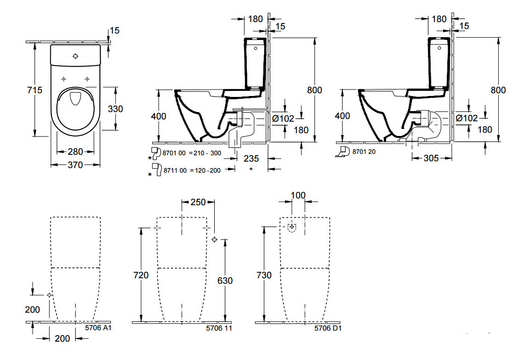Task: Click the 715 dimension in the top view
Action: pyautogui.click(x=35, y=90)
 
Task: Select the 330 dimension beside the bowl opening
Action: pyautogui.click(x=115, y=109)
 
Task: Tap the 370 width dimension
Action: pyautogui.click(x=75, y=165)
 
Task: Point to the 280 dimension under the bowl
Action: pyautogui.click(x=75, y=152)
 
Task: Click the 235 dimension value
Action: pyautogui.click(x=251, y=159)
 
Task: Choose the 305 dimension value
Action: pyautogui.click(x=431, y=158)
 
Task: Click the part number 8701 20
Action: pyautogui.click(x=364, y=152)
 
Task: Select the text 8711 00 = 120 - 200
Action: pyautogui.click(x=192, y=170)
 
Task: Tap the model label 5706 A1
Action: pyautogui.click(x=98, y=328)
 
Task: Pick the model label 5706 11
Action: pyautogui.click(x=219, y=328)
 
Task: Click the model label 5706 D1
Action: pyautogui.click(x=328, y=328)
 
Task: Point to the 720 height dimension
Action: pyautogui.click(x=141, y=275)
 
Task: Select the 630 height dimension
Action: pyautogui.click(x=225, y=280)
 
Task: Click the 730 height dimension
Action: pyautogui.click(x=264, y=275)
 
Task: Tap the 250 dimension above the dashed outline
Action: pyautogui.click(x=198, y=202)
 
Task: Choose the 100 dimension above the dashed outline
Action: pyautogui.click(x=298, y=195)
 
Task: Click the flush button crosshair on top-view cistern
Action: pyautogui.click(x=76, y=56)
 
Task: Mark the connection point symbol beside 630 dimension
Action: pyautogui.click(x=214, y=240)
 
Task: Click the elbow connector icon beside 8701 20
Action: pyautogui.click(x=343, y=152)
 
